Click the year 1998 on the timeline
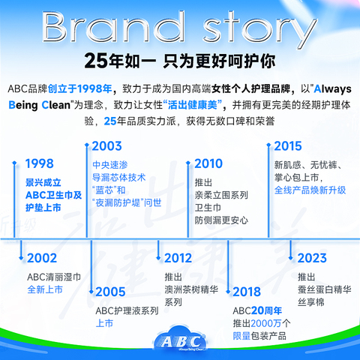40,163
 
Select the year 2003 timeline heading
106,146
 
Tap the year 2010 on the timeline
208,163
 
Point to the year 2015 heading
288,146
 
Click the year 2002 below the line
42,258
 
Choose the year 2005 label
110,292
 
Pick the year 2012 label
178,258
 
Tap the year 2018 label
247,292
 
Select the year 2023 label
312,258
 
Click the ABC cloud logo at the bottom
180,340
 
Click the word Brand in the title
113,27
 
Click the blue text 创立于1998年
79,88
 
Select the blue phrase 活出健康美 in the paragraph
193,105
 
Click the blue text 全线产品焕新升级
310,190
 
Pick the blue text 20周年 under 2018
266,310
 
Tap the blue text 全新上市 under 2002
45,289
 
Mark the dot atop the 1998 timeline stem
14,163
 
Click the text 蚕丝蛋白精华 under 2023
325,289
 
